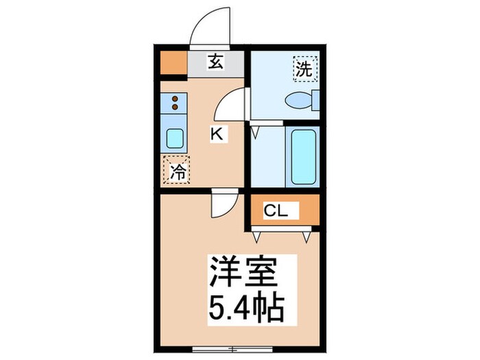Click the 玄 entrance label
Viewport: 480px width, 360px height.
215,62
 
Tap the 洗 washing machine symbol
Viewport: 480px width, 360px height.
304,69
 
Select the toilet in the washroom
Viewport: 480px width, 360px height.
301,100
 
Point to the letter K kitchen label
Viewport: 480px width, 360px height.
216,134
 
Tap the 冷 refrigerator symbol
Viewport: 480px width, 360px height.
176,170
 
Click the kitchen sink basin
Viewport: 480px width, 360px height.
175,139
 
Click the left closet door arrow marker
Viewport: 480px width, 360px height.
258,236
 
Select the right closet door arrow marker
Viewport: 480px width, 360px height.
306,236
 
